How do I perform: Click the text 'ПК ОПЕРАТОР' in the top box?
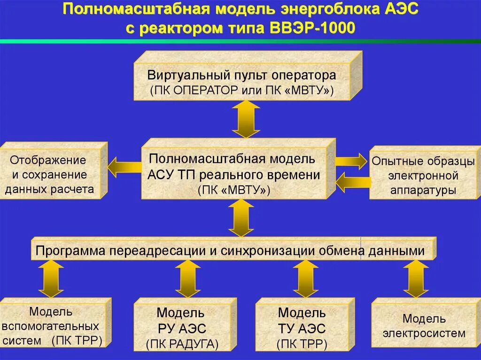click(x=194, y=91)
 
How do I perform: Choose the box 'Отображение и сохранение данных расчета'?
click(x=49, y=175)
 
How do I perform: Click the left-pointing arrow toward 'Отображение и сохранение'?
click(x=124, y=167)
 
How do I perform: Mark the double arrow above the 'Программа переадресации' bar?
click(x=241, y=217)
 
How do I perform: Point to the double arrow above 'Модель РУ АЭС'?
click(x=188, y=278)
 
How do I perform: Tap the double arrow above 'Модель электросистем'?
click(x=416, y=278)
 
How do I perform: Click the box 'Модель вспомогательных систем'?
click(x=52, y=326)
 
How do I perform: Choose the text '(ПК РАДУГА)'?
click(x=182, y=345)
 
